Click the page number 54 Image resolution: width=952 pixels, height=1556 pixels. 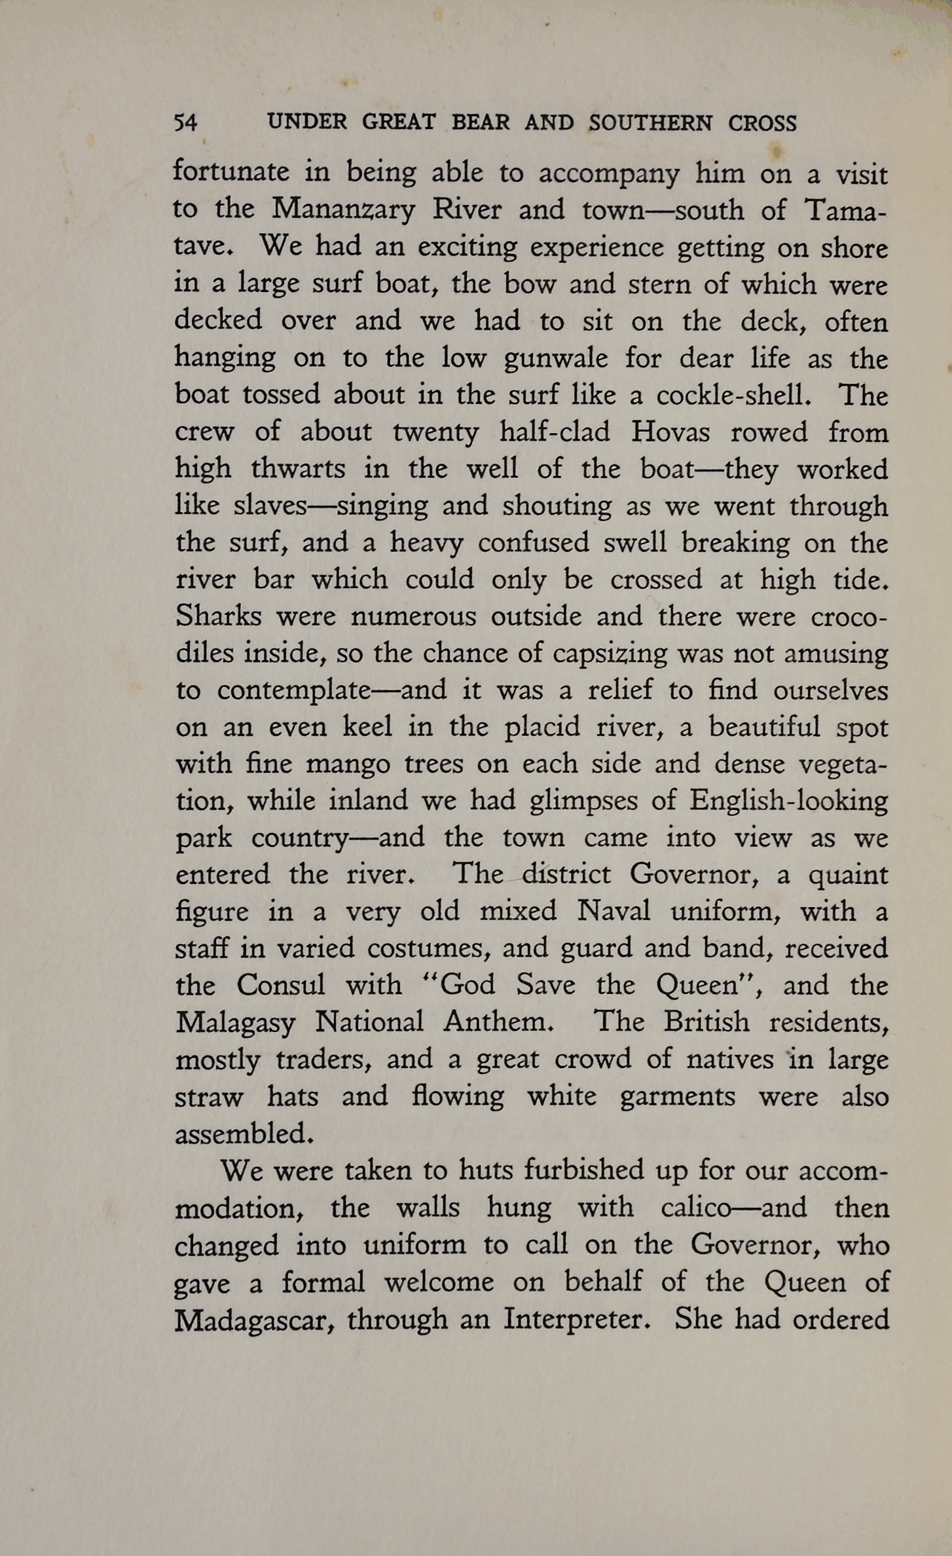185,123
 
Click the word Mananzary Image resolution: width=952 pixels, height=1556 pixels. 344,210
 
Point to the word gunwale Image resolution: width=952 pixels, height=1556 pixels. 556,358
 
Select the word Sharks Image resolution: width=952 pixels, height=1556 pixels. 218,616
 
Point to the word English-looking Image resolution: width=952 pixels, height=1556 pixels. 788,800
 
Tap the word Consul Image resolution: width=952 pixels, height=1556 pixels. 281,985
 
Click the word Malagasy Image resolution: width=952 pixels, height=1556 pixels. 235,1022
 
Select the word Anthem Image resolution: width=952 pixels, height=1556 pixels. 499,1022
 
